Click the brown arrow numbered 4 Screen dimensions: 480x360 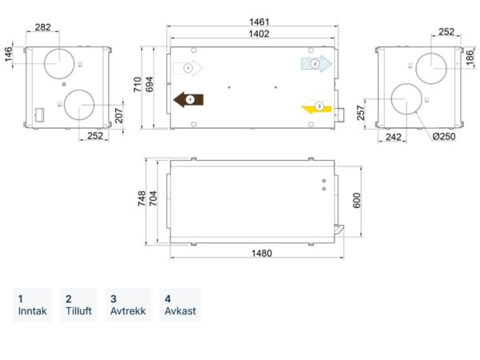(189, 100)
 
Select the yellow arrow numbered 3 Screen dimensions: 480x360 (317, 107)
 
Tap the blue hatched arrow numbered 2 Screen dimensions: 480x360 (317, 64)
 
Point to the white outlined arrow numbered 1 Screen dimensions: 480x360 (188, 68)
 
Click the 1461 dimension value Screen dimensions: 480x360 (259, 22)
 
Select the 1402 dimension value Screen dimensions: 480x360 (259, 34)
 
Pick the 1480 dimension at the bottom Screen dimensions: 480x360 (262, 253)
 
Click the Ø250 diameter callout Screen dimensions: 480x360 (444, 136)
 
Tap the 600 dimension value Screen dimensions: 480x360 (357, 201)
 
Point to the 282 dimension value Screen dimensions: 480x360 (43, 27)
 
